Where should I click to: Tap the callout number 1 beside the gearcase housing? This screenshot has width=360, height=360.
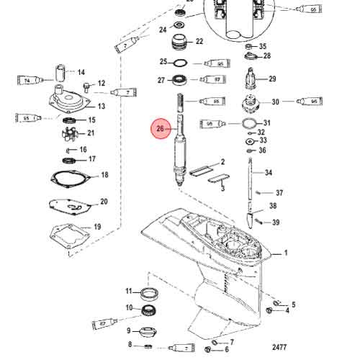(x=285, y=253)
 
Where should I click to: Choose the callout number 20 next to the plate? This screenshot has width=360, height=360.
(x=104, y=202)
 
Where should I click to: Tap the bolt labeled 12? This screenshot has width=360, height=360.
(x=88, y=86)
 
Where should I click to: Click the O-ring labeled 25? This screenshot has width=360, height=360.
(x=183, y=63)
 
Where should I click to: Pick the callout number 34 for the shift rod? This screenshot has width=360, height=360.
(x=269, y=173)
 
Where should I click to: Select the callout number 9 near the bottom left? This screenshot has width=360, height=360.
(x=130, y=331)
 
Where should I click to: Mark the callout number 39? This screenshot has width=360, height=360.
(x=276, y=222)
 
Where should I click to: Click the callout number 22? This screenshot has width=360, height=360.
(x=199, y=41)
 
